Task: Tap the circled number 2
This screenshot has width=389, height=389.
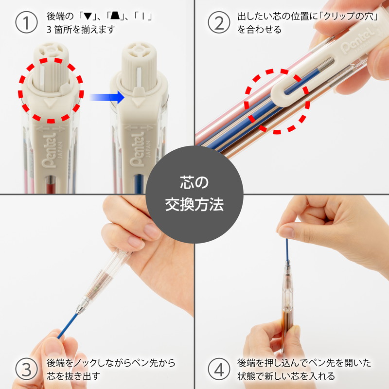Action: (219, 23)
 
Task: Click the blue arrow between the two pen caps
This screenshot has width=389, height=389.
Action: (107, 97)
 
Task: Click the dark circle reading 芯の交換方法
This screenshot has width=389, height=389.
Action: (194, 194)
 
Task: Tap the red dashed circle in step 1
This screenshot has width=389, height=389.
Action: (51, 90)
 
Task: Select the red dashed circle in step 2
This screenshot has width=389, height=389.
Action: (278, 101)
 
